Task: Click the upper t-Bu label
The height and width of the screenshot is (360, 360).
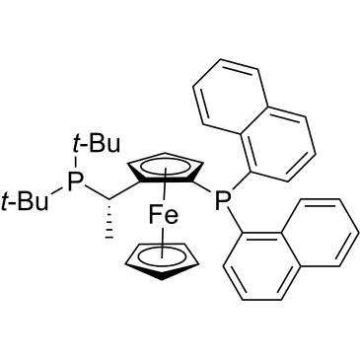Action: pyautogui.click(x=96, y=144)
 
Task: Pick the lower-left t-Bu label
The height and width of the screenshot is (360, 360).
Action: pyautogui.click(x=25, y=201)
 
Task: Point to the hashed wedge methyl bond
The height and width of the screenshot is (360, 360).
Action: pyautogui.click(x=109, y=218)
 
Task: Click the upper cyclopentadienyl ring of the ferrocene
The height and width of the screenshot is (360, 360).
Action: pyautogui.click(x=164, y=169)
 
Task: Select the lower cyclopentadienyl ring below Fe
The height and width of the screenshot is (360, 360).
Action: pyautogui.click(x=162, y=261)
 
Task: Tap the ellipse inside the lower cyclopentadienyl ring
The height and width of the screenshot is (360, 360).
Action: pyautogui.click(x=162, y=255)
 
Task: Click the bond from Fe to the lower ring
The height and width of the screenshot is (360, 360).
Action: pyautogui.click(x=162, y=242)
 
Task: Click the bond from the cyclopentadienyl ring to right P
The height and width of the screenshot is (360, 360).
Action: pyautogui.click(x=203, y=186)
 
